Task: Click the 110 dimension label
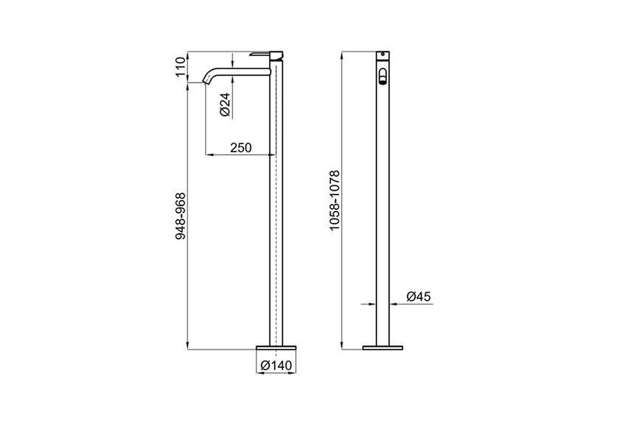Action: point(181,68)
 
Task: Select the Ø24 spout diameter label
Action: point(225,104)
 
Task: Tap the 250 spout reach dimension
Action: point(241,147)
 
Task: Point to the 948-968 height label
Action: point(181,216)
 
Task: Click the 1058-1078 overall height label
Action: point(334,200)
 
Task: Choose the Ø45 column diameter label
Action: point(418,297)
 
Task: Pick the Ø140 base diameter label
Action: point(276,365)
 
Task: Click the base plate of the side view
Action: point(276,347)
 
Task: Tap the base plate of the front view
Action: point(382,348)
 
